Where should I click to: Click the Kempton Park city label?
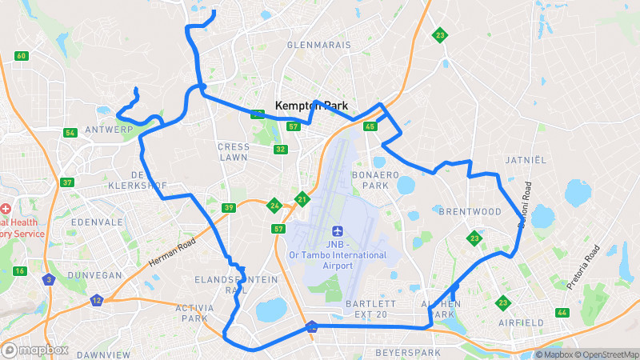tap(311, 105)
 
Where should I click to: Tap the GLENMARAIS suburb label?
tap(319, 45)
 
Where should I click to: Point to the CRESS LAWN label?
tap(234, 152)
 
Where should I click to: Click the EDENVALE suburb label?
tap(94, 222)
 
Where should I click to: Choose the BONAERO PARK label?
tap(370, 179)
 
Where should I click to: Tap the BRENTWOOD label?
tap(470, 211)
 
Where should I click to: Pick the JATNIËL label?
tap(526, 160)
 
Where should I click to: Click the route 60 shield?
tap(21, 55)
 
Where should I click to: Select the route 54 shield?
tap(70, 132)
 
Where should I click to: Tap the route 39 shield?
tap(229, 208)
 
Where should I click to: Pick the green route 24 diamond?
tap(274, 206)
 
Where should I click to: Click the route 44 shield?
tap(562, 312)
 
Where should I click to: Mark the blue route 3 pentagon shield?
tap(50, 279)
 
